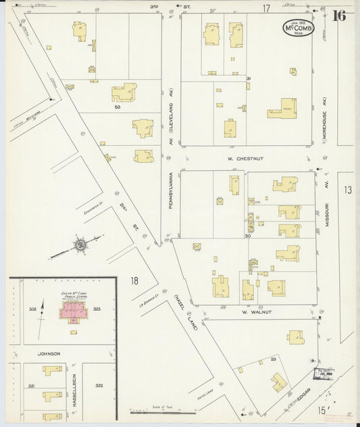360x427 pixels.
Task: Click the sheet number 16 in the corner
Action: [x=338, y=16]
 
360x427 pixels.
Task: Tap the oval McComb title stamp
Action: [x=298, y=27]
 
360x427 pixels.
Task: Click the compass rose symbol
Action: [x=80, y=245]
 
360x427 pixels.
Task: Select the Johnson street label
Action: [x=49, y=353]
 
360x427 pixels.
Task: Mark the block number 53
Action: [x=117, y=107]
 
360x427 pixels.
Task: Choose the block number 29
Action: [x=274, y=359]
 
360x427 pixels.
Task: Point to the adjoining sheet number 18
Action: [x=134, y=280]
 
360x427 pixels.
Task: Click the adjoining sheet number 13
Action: [x=347, y=191]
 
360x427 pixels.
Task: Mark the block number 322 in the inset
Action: [x=99, y=385]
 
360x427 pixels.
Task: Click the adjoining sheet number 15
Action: [x=323, y=410]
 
